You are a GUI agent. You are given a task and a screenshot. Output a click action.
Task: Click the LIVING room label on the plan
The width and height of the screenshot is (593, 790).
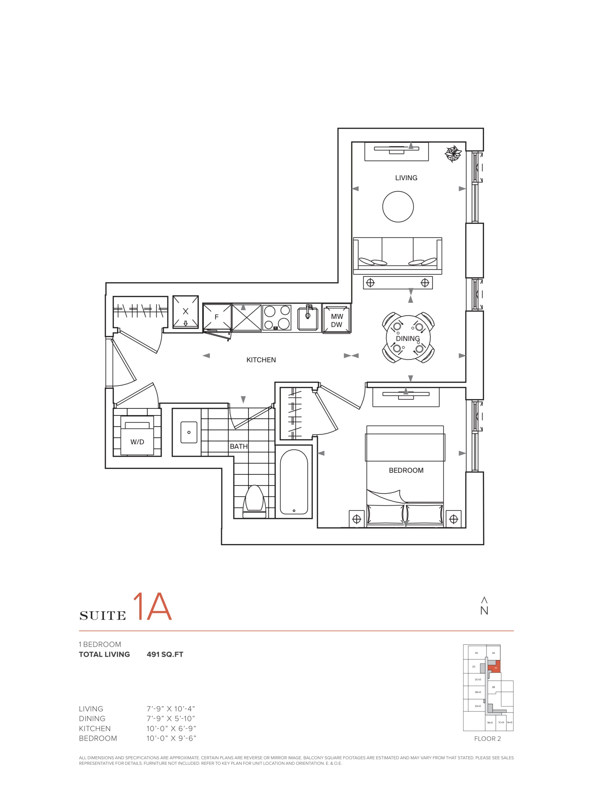406,178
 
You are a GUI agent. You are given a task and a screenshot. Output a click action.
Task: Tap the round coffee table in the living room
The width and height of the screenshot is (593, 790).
398,206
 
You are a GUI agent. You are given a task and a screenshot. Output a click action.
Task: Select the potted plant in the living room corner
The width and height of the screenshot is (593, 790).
453,154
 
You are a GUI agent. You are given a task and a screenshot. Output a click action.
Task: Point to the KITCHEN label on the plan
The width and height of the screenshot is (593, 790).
261,360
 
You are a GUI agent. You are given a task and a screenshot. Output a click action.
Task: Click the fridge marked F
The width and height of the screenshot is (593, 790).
217,317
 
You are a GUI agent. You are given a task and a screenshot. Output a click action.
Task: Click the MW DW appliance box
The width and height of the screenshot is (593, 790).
336,320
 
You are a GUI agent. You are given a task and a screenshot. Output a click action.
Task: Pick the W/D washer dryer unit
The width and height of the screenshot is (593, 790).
137,438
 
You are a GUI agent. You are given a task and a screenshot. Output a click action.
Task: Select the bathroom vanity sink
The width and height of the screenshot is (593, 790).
189,432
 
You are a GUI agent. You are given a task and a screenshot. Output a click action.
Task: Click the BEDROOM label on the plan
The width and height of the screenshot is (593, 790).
406,470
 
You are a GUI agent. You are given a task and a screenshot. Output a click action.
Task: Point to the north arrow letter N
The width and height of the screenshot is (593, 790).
484,611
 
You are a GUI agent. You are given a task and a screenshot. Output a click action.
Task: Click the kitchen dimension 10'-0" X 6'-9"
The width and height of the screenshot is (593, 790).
171,729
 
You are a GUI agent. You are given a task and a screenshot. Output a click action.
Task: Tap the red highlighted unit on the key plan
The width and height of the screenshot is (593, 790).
495,667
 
